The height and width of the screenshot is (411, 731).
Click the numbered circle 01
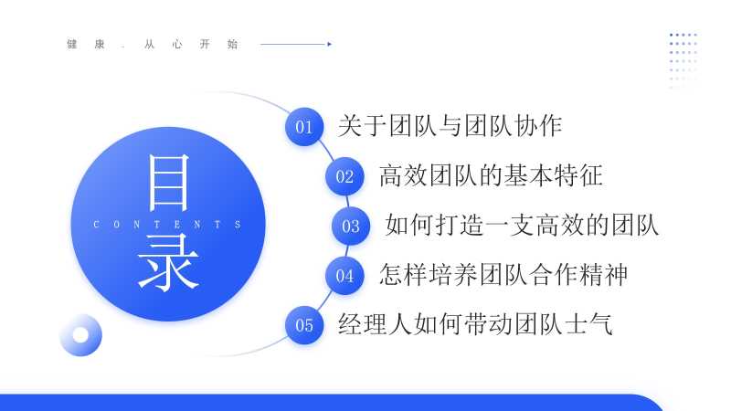[x=304, y=127]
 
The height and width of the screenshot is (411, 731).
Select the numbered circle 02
[x=344, y=176]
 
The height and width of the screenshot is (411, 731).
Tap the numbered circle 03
[x=351, y=226]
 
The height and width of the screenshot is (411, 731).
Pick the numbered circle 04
[x=344, y=276]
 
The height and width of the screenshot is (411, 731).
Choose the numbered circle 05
[x=304, y=325]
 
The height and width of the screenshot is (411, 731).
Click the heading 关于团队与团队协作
[x=450, y=126]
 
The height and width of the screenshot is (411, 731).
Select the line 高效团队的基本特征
[x=491, y=175]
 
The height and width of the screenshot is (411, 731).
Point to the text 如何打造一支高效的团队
[x=522, y=225]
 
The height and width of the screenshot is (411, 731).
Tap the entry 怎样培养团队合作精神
[x=503, y=275]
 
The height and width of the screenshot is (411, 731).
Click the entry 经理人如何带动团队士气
[x=475, y=324]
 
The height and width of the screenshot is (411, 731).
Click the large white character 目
[x=168, y=183]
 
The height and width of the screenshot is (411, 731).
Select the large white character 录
[x=168, y=263]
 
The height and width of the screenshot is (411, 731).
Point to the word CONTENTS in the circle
[x=167, y=225]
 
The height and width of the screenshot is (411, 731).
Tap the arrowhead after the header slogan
[x=330, y=44]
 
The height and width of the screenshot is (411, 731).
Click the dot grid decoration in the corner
[x=683, y=59]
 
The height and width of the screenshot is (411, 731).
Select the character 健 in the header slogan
[x=72, y=44]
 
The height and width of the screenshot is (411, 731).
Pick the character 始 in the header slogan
[x=232, y=44]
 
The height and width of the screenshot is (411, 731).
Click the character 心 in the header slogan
[x=176, y=44]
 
